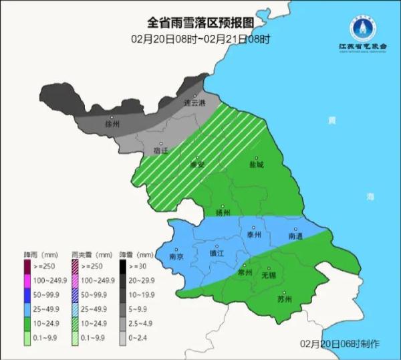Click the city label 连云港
coord(195,104)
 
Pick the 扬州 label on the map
coord(223,213)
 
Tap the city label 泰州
coord(254,235)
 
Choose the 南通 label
coord(296,236)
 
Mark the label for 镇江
coord(217,254)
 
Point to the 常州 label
coord(245,274)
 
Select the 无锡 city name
coord(269,275)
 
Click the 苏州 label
coord(285,299)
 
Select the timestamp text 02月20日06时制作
coord(340,343)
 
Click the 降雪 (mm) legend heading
coord(132,255)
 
